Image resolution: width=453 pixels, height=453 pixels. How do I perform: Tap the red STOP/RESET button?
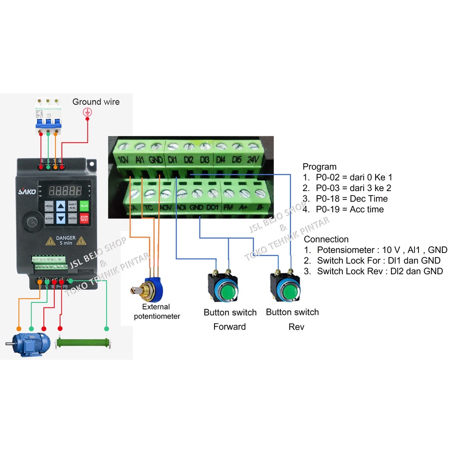tap(84, 218)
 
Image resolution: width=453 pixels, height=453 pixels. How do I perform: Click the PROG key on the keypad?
tap(49, 206)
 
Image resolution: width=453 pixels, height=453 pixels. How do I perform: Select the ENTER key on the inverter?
tap(72, 218)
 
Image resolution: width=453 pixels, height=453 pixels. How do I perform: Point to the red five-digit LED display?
tap(65, 191)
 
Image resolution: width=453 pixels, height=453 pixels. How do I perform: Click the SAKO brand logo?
tap(24, 192)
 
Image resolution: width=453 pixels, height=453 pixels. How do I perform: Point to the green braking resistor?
tap(84, 343)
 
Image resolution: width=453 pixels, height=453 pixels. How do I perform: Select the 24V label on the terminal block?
tap(253, 159)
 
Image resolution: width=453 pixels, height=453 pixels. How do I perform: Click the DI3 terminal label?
tap(204, 159)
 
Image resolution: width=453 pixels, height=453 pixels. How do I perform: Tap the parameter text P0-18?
tap(331, 199)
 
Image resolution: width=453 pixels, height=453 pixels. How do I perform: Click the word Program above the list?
tap(319, 167)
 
